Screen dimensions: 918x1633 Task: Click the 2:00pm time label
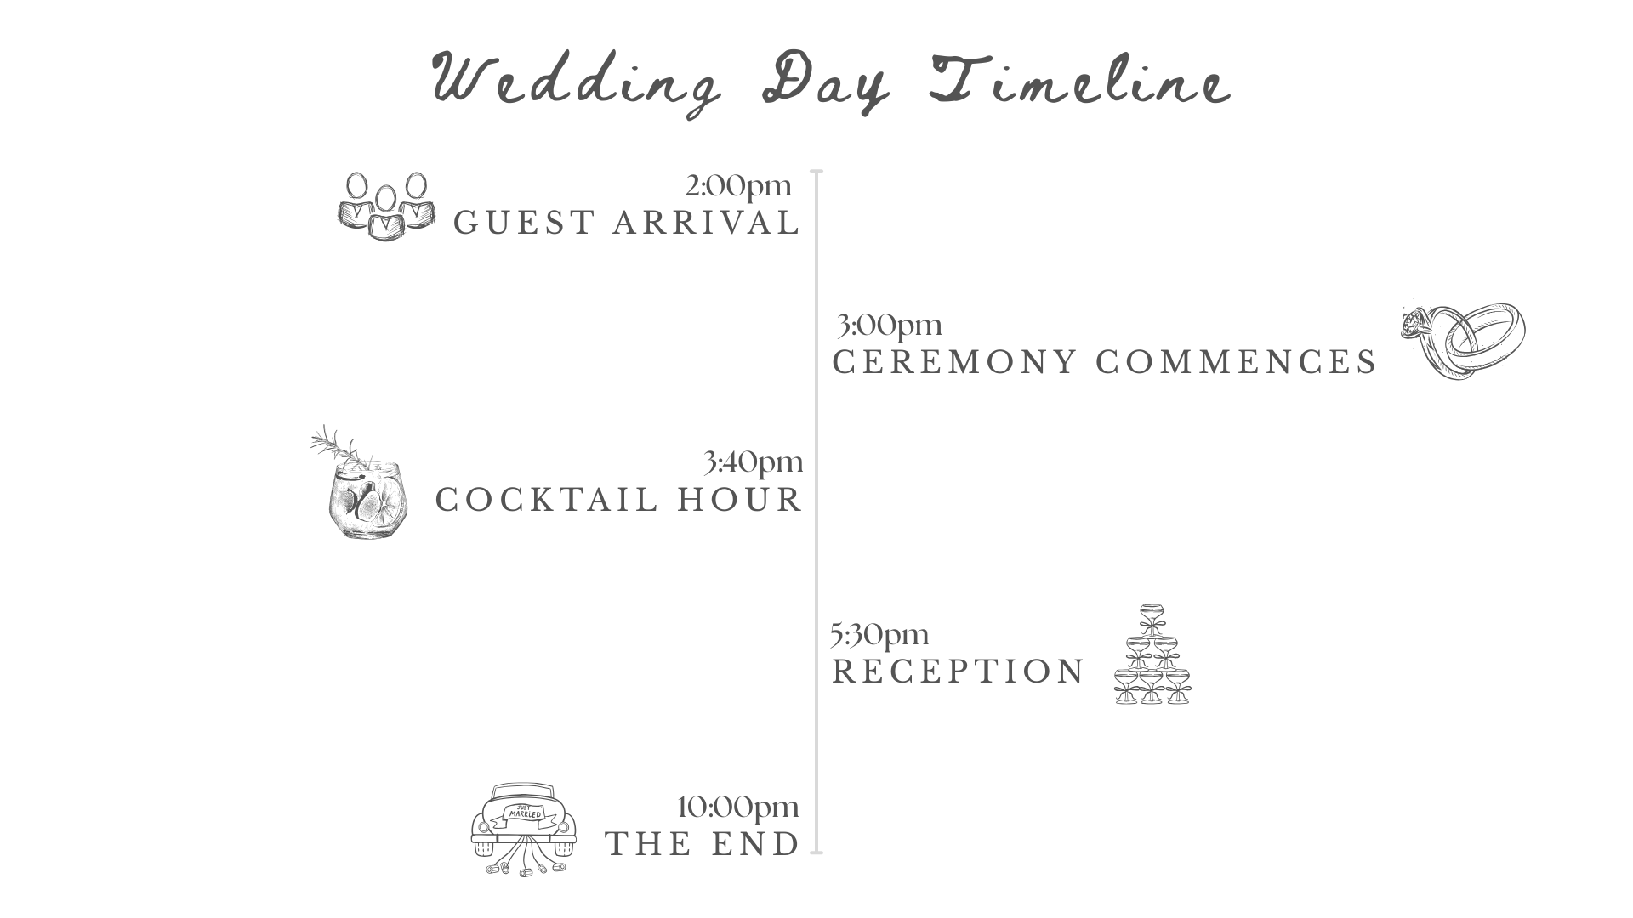point(738,185)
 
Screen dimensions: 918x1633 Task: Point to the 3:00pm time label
point(890,325)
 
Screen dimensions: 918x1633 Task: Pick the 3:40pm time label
point(754,462)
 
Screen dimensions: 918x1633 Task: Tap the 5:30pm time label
point(879,634)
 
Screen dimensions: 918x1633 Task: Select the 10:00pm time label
point(738,807)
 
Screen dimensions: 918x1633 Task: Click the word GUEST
point(524,223)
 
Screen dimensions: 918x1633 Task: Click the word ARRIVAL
point(707,223)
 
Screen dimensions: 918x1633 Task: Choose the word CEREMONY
point(955,362)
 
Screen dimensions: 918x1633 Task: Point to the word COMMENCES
point(1236,362)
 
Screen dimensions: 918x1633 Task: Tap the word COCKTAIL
point(548,500)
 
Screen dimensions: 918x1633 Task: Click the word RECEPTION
point(959,671)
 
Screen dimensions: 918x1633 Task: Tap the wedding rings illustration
point(1464,340)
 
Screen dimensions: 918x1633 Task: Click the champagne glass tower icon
point(1152,654)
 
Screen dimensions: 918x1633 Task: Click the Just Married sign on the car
point(523,812)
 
